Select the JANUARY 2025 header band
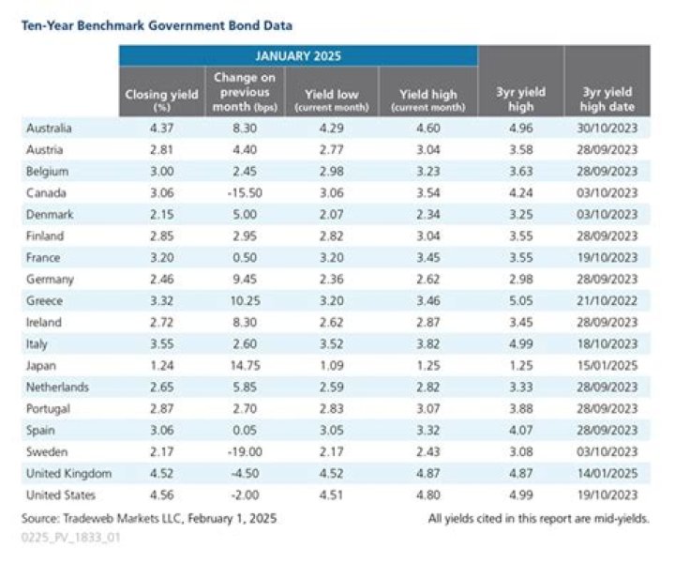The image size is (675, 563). tap(297, 55)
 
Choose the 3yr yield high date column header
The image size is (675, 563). tap(607, 97)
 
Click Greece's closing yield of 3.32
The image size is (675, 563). tap(161, 299)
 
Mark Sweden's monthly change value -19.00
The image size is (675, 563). tap(249, 451)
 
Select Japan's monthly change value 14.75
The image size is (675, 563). tap(249, 364)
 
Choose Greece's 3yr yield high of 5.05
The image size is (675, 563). tap(521, 299)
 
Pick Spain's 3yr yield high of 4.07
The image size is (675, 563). tap(521, 430)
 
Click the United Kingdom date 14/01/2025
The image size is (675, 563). tap(607, 473)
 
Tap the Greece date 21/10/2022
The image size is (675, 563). tap(607, 299)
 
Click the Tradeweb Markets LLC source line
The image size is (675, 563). tap(149, 518)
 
